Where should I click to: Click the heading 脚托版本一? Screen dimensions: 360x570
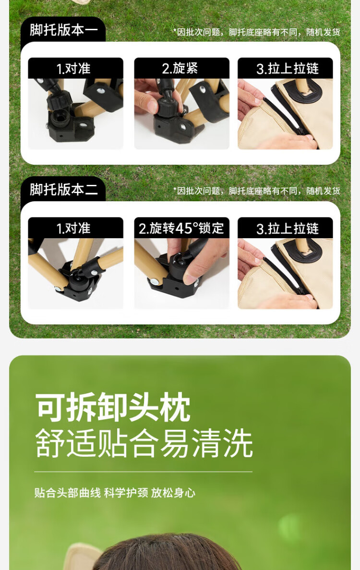(64, 30)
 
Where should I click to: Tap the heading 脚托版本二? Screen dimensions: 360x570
(64, 189)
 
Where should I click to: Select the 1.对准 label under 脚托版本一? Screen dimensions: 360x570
(73, 68)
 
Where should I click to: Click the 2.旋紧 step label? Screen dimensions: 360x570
(180, 68)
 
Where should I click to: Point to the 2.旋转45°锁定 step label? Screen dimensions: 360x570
(181, 228)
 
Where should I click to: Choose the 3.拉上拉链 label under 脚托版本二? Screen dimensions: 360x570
(288, 228)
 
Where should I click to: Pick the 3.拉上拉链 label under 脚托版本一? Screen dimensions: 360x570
(288, 68)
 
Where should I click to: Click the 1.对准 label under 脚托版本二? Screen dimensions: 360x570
(73, 228)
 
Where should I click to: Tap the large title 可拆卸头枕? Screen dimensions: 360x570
(113, 407)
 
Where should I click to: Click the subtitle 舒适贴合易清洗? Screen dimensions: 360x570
(144, 444)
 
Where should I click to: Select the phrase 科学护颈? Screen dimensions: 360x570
(126, 493)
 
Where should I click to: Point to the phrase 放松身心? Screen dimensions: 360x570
(173, 493)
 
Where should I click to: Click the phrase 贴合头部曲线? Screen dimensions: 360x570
(68, 493)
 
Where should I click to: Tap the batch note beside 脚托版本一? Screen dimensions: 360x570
(256, 32)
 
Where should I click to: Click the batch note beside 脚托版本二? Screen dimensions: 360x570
(256, 191)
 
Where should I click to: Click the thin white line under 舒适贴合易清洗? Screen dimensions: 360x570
(143, 472)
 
